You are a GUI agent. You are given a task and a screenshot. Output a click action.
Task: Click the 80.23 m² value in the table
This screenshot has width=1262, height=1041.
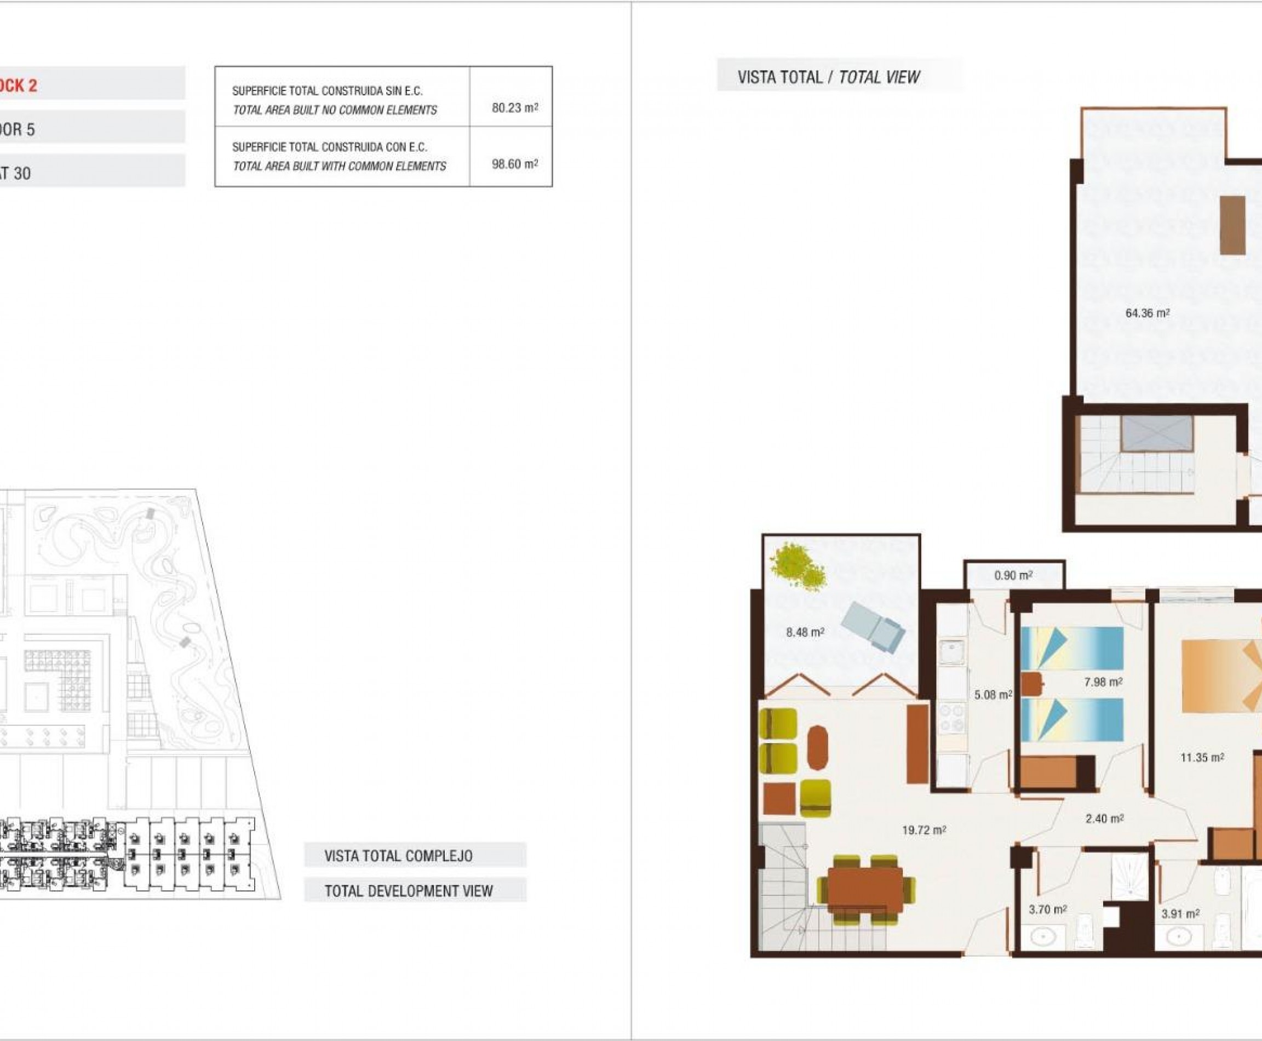tap(514, 108)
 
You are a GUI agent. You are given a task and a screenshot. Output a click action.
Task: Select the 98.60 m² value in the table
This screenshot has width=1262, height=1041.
tap(514, 164)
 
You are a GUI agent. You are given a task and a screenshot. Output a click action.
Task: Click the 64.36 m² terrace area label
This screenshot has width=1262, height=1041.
tap(1147, 313)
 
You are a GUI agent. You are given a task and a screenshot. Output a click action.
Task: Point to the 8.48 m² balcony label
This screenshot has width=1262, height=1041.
tap(805, 632)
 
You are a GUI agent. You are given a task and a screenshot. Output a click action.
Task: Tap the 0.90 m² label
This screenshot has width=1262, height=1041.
tap(1013, 576)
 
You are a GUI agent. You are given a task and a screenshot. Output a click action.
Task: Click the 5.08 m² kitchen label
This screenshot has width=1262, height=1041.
tap(992, 695)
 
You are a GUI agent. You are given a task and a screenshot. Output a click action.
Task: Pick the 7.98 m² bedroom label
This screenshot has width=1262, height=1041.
tap(1103, 682)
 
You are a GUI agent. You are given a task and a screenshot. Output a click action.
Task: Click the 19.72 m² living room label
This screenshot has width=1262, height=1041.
tap(923, 831)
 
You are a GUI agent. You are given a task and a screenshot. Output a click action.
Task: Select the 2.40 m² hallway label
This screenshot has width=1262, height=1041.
tap(1104, 819)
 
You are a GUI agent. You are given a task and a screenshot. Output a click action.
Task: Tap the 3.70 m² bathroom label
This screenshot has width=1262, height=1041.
tap(1047, 910)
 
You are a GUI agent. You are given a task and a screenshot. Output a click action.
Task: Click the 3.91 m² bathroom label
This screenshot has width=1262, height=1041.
tap(1180, 914)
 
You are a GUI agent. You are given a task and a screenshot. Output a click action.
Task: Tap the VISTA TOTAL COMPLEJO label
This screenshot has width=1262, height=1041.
tap(398, 856)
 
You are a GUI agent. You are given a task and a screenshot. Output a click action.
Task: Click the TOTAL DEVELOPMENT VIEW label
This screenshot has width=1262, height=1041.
tap(408, 891)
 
